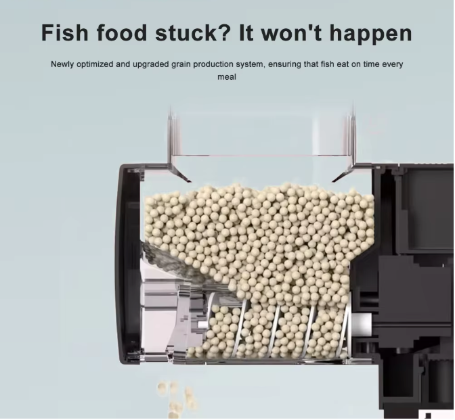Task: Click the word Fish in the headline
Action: pyautogui.click(x=65, y=32)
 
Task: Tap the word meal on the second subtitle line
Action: pyautogui.click(x=227, y=77)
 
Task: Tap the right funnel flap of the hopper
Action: pyautogui.click(x=343, y=174)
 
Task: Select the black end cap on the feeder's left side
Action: pyautogui.click(x=128, y=262)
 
